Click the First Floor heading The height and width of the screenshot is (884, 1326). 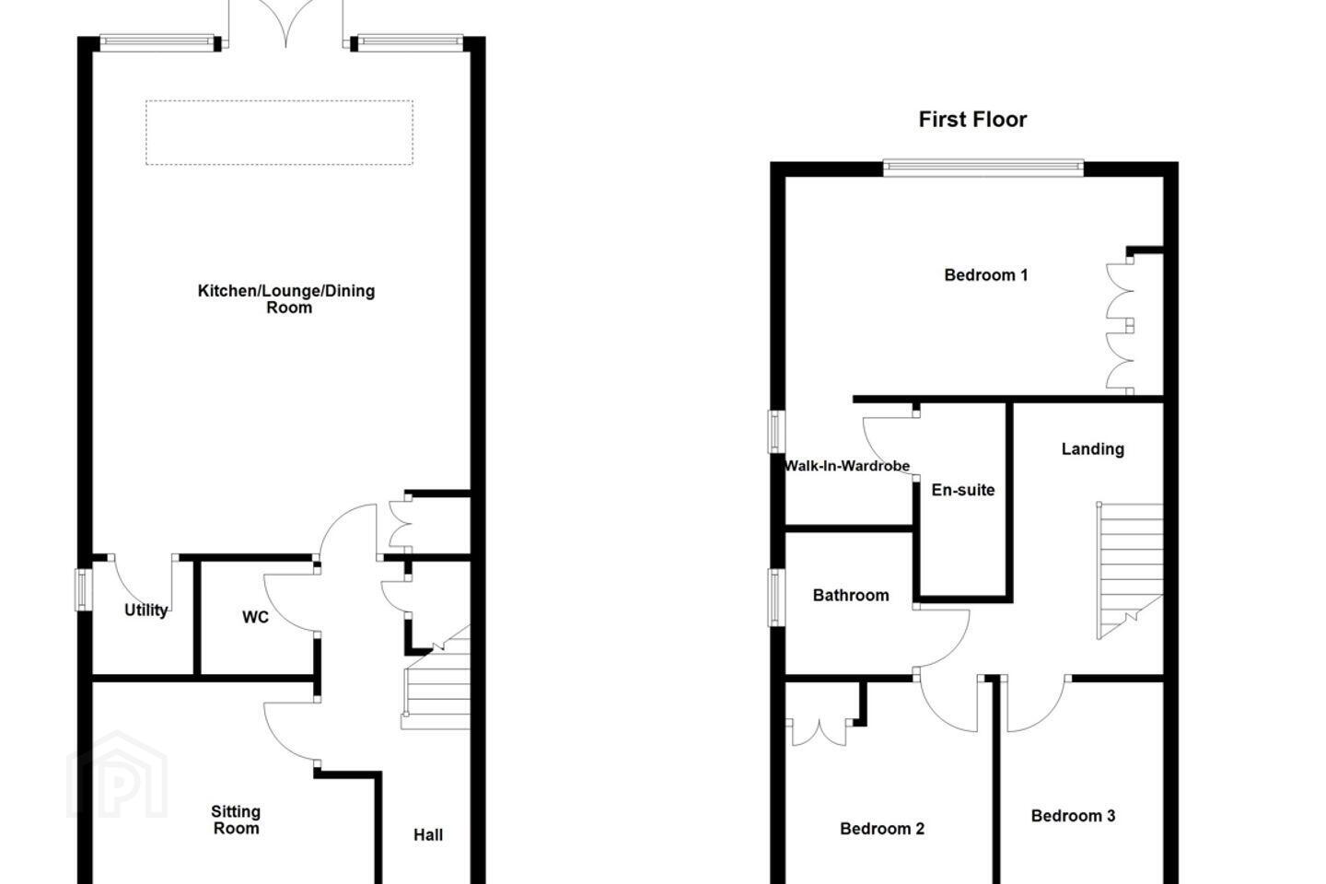972,120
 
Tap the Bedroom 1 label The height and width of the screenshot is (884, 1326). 985,274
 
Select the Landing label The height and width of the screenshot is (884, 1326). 1092,449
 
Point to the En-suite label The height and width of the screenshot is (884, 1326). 962,490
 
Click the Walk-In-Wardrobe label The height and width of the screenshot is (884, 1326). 846,466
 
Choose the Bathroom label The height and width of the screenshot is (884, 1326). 851,595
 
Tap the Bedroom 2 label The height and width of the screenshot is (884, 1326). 882,829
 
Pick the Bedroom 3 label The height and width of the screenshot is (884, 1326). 1073,816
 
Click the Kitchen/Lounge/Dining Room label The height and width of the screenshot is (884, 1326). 286,299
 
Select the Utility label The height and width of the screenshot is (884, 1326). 146,610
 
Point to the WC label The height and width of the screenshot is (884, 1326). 255,617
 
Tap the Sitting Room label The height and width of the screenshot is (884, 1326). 236,820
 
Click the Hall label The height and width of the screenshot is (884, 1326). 428,835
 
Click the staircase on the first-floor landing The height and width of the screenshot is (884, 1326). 1130,571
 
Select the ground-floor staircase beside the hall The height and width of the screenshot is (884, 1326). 436,678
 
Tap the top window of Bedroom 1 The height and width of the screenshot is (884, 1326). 983,169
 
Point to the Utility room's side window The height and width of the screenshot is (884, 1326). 84,589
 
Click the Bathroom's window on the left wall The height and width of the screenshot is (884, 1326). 776,597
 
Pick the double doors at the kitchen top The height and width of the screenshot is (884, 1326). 285,24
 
